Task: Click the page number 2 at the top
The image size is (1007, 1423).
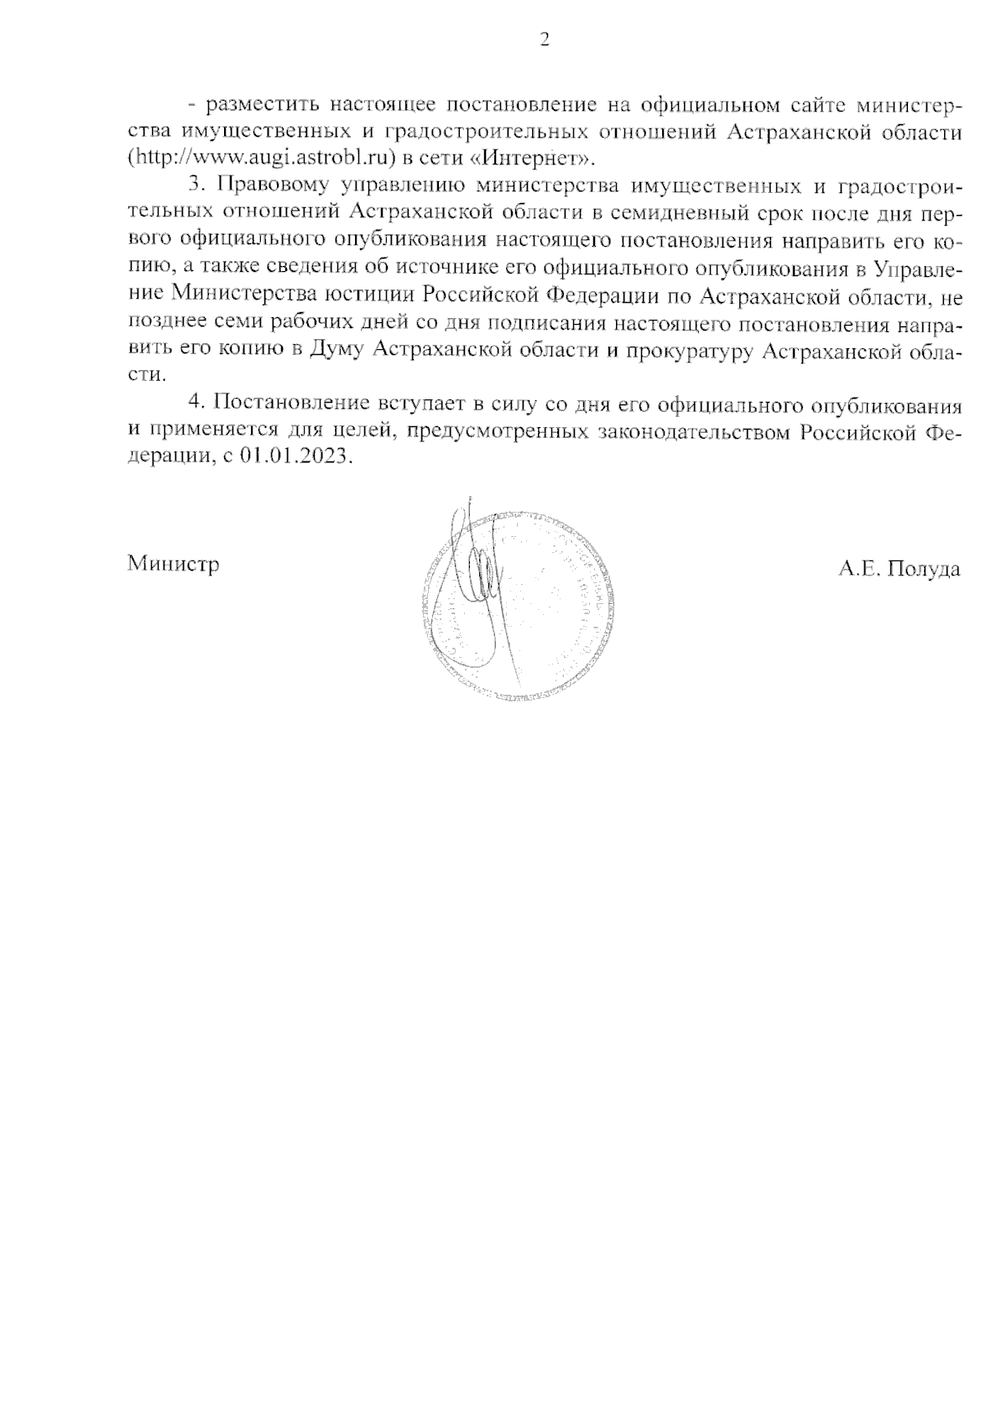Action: tap(544, 39)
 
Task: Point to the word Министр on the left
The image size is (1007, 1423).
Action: tap(174, 564)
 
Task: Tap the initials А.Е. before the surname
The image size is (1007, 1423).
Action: tap(857, 569)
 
